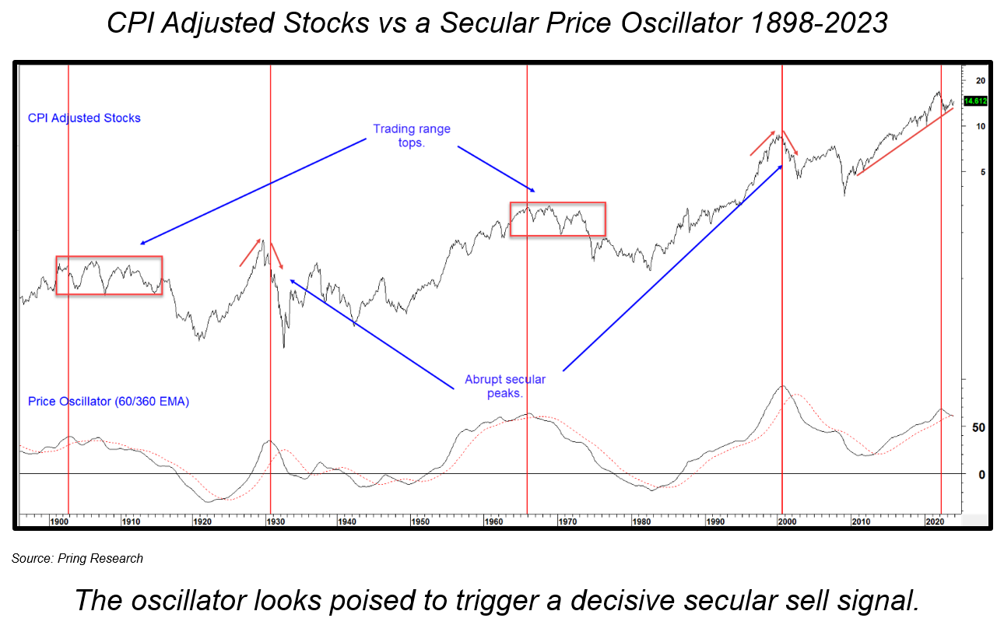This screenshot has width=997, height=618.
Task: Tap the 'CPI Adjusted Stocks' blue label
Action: [x=84, y=118]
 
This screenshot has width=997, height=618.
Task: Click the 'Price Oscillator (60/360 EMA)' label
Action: [x=108, y=402]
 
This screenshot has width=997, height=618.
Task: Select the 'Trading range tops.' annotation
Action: [x=412, y=135]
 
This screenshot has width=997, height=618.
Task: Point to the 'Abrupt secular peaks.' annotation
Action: [x=505, y=386]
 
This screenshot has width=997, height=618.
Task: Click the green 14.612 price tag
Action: [x=975, y=101]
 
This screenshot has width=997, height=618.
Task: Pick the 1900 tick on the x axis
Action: [x=58, y=521]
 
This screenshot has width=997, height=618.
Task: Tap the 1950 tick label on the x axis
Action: [x=420, y=521]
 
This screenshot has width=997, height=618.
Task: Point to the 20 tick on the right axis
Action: [x=980, y=81]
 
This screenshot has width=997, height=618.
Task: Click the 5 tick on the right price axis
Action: [x=981, y=172]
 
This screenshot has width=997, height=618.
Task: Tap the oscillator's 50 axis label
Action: [x=979, y=428]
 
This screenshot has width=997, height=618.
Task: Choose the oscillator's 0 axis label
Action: [x=981, y=474]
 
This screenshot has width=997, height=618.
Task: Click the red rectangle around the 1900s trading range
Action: [x=109, y=257]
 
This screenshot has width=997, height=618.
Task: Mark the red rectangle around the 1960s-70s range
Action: [x=557, y=203]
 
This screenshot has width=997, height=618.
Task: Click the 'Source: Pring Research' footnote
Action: [x=77, y=558]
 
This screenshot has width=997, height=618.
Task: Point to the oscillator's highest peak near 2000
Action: [x=781, y=386]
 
